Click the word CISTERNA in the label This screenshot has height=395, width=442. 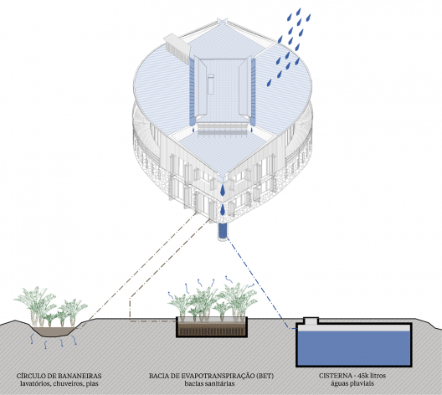click(x=336, y=376)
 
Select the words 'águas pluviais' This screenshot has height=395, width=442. click(x=352, y=383)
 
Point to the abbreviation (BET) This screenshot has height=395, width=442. click(x=265, y=376)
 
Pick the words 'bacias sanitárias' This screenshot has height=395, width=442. click(x=209, y=383)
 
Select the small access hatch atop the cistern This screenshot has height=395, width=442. click(x=311, y=321)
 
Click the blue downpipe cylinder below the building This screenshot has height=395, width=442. click(x=223, y=231)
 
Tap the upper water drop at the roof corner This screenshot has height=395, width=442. click(x=223, y=191)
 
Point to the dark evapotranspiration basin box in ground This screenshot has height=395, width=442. click(x=212, y=327)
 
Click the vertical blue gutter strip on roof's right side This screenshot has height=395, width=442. click(x=253, y=92)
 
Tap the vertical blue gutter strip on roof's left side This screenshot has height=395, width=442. click(x=192, y=92)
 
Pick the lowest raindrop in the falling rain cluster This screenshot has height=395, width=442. click(x=270, y=82)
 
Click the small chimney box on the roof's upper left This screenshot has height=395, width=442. click(x=177, y=47)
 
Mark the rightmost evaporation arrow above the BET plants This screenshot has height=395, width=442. click(x=251, y=285)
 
